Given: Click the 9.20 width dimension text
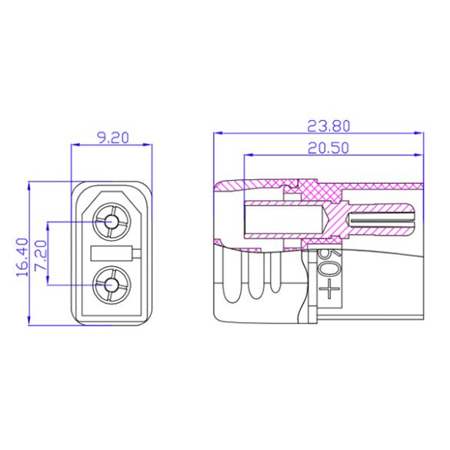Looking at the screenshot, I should tap(112, 138).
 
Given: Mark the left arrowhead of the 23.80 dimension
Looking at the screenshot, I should tap(217, 132).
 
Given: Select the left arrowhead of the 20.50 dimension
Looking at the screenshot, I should tap(248, 155).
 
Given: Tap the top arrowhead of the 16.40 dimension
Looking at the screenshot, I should tap(28, 186).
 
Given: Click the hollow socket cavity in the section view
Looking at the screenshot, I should tap(281, 220).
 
